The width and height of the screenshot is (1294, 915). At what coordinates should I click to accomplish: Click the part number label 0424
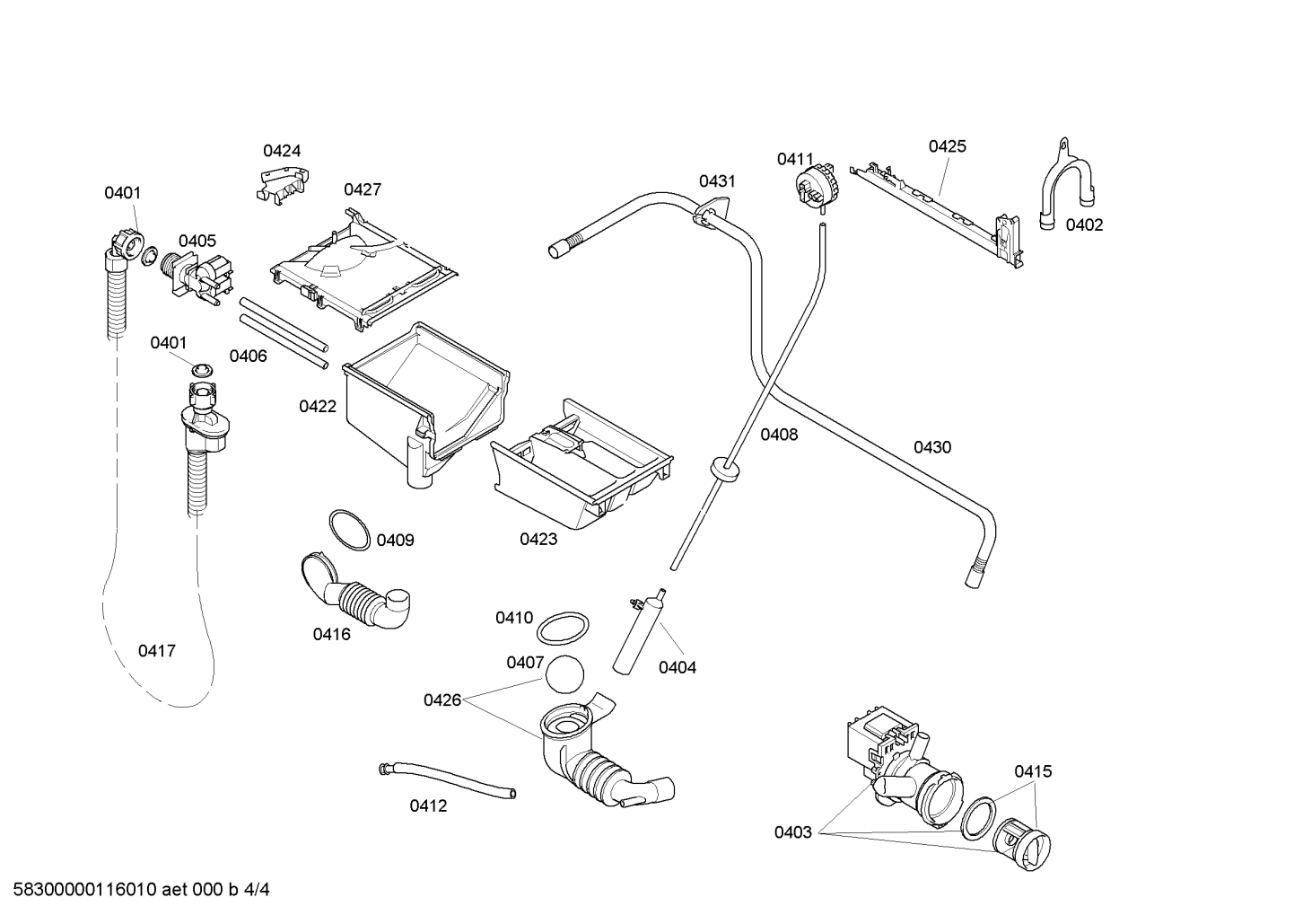pos(282,151)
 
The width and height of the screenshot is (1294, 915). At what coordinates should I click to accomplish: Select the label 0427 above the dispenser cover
pos(363,189)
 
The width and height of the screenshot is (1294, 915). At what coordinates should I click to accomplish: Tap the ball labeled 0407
pos(564,674)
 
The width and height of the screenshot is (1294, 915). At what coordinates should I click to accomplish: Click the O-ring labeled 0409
pos(349,531)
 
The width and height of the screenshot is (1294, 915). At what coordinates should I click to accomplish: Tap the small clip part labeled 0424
pos(283,181)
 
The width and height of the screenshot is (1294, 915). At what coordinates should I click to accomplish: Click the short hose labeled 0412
pos(447,781)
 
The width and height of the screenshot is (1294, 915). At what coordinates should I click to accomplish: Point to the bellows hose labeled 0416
pos(355,593)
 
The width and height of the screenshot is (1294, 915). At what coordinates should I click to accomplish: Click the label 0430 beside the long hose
pos(932,447)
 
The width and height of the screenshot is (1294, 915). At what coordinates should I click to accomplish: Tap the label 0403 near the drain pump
pos(793,833)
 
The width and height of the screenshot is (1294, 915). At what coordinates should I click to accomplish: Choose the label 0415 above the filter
pos(1034,771)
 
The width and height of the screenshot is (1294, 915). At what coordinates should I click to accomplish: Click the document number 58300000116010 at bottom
pos(85,890)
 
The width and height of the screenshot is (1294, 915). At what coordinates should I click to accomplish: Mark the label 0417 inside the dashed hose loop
pos(156,651)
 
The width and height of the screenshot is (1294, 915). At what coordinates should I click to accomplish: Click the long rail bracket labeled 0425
pos(937,216)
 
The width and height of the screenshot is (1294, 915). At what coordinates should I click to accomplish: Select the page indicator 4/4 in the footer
pos(257,890)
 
